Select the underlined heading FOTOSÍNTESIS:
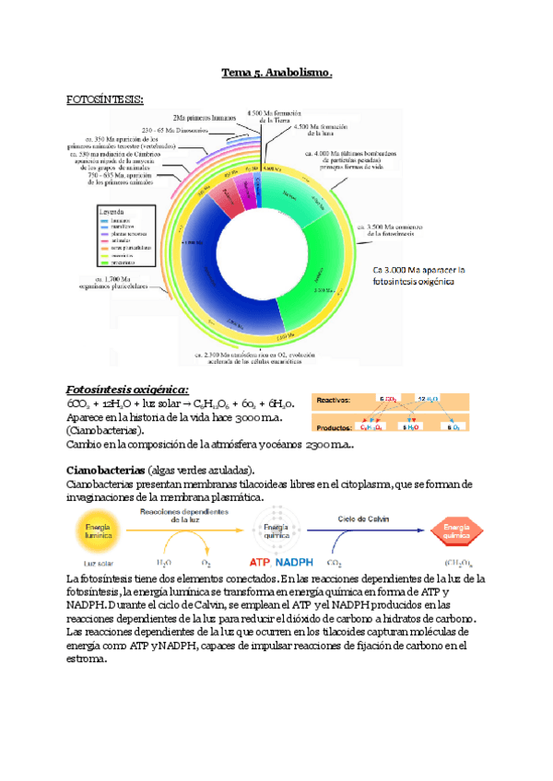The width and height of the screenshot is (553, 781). tap(105, 98)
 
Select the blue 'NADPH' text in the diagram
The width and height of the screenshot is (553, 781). tap(299, 562)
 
